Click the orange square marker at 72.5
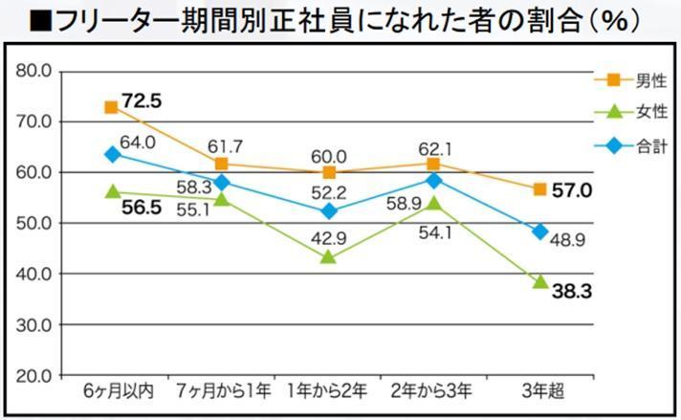(x=112, y=108)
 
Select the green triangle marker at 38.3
(x=539, y=282)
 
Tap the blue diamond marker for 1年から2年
(x=327, y=211)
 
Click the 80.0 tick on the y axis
(x=33, y=71)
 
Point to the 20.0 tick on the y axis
(x=33, y=375)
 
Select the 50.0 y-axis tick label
(x=33, y=223)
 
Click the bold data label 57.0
(x=573, y=190)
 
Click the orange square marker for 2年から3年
(x=433, y=165)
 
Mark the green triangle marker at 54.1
(x=433, y=203)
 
